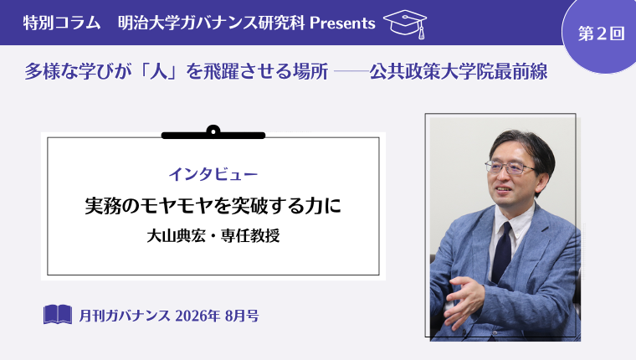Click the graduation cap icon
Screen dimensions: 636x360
point(405,23)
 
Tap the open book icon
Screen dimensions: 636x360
point(58,314)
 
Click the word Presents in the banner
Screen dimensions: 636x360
point(342,23)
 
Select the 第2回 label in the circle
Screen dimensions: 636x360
point(601,33)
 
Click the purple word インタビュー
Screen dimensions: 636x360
point(213,174)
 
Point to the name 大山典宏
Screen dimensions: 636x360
point(177,235)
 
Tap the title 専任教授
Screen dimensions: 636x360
point(250,235)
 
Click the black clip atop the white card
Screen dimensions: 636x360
point(213,133)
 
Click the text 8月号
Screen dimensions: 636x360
point(242,316)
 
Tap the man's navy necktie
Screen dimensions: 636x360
point(503,253)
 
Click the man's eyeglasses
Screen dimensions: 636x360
point(509,167)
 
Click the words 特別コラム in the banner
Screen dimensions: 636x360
point(62,23)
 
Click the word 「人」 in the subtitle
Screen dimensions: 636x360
point(159,72)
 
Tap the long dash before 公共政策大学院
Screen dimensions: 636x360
point(351,72)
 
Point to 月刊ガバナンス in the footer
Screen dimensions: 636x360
point(125,316)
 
